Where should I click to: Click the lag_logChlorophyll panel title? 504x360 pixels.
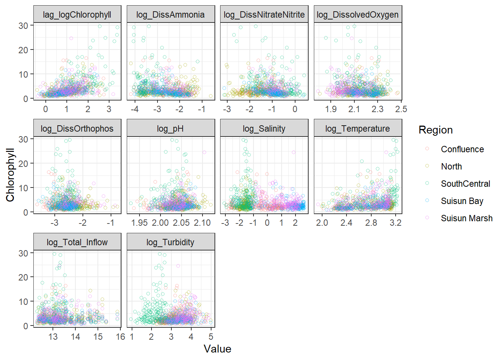coord(77,15)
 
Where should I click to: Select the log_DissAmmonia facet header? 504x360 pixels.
coord(170,15)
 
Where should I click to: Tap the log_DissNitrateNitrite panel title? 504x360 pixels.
coord(264,15)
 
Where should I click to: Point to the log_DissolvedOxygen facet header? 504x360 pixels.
coord(357,15)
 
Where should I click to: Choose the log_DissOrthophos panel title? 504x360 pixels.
coord(77,129)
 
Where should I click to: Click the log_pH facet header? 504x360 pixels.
coord(170,129)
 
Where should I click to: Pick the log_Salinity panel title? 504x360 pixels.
coord(264,129)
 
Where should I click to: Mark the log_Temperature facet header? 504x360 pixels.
coord(357,129)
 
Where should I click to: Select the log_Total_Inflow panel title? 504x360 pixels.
coord(77,242)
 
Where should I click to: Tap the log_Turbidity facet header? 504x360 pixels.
coord(170,242)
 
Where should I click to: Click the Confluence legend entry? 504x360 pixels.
coord(462,149)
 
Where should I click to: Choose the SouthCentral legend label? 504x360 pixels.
coord(465,184)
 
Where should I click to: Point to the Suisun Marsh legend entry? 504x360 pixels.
coord(466,218)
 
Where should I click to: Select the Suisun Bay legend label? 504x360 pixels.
coord(462,201)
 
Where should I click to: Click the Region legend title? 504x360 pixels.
coord(435,130)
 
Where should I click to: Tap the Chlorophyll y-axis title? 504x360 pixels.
coord(10,175)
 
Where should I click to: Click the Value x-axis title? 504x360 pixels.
coord(217,349)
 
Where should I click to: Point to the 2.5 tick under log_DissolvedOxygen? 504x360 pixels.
coord(401,109)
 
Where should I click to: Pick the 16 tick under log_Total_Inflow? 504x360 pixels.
coord(120,337)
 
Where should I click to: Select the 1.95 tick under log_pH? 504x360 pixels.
coord(139,223)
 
